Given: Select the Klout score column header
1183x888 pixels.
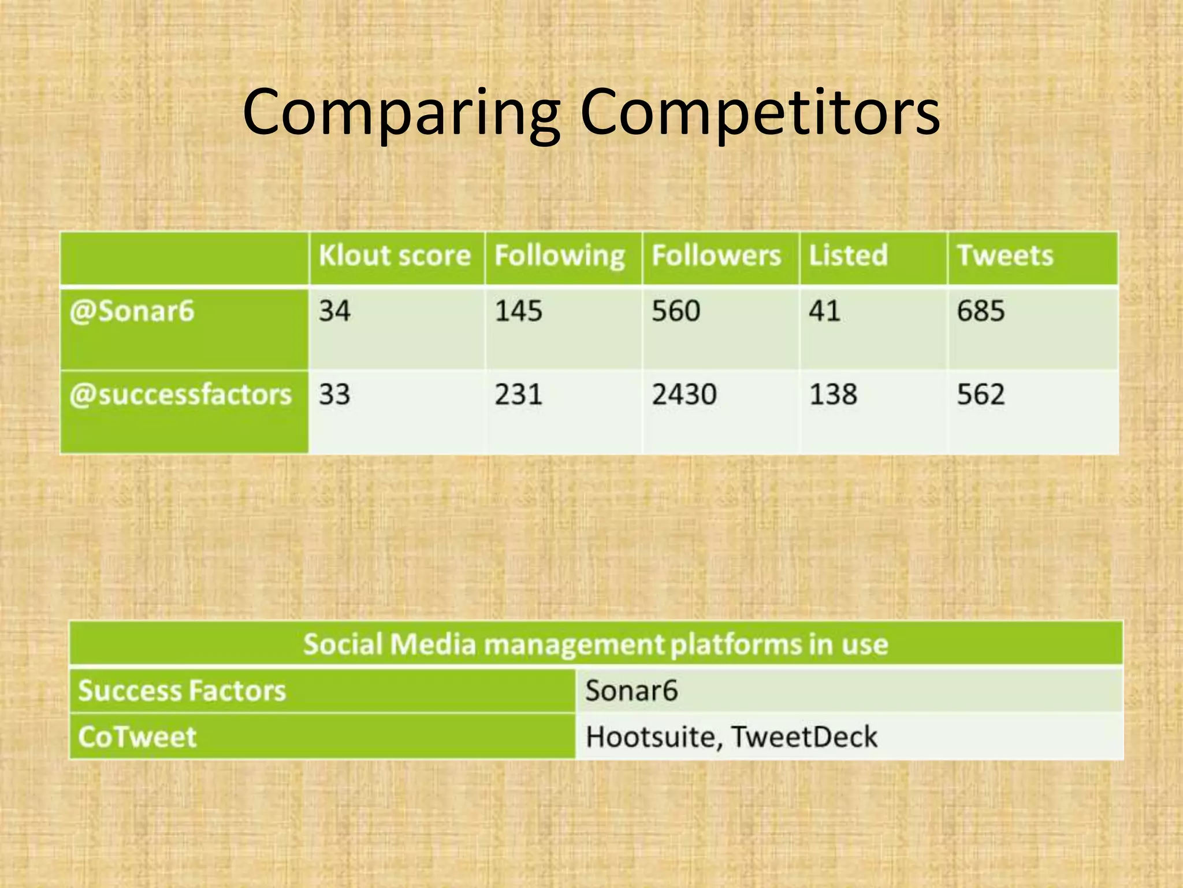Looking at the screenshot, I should click(395, 256).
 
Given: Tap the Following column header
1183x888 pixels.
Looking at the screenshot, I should click(559, 256).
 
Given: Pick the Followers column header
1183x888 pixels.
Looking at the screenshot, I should click(716, 256).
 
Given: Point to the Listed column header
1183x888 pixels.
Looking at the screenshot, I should click(848, 256).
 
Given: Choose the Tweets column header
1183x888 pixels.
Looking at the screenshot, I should click(1005, 256).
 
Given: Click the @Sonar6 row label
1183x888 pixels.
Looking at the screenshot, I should click(132, 312).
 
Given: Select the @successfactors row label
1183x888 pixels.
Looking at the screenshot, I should click(180, 395).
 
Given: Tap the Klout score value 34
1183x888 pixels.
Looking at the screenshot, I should click(334, 311).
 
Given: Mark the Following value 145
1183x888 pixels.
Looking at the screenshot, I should click(518, 311).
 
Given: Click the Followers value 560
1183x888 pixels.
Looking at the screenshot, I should click(676, 311).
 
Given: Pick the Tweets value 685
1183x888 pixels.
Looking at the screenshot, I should click(981, 311).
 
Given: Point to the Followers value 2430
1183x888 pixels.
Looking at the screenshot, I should click(684, 395).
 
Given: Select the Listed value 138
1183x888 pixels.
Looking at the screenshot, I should click(833, 395).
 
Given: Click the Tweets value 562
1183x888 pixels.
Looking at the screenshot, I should click(981, 395).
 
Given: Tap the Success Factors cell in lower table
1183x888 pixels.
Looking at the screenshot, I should click(182, 691).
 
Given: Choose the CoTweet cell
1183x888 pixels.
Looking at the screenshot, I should click(137, 737).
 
